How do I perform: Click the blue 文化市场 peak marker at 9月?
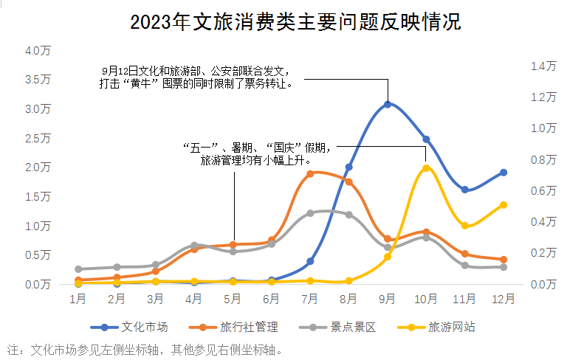[x=388, y=104]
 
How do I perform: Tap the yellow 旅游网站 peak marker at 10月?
[x=426, y=168]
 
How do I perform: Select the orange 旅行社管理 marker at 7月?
[x=310, y=173]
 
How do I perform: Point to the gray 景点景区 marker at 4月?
[x=194, y=245]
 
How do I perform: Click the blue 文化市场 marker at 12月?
[x=504, y=173]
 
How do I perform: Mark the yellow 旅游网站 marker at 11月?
[x=465, y=226]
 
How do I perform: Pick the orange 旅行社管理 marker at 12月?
[x=504, y=260]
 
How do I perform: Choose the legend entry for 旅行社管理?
[x=234, y=326]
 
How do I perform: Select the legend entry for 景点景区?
[x=340, y=326]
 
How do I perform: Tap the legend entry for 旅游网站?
[x=439, y=326]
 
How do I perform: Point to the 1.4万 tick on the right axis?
[x=543, y=66]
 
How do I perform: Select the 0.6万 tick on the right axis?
[x=543, y=190]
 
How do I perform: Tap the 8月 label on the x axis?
[x=348, y=300]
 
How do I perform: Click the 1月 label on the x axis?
[x=78, y=300]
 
